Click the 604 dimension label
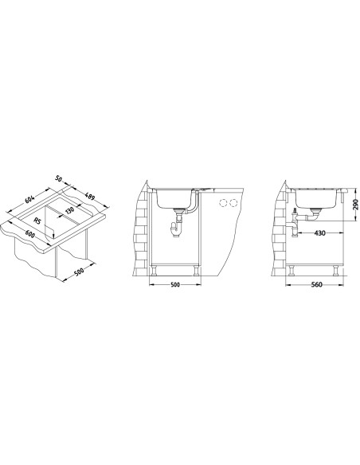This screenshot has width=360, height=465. coord(29,199)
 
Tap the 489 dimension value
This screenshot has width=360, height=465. coord(89,197)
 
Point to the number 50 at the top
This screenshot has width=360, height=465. coord(58,179)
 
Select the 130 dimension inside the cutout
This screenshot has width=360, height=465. coord(69,210)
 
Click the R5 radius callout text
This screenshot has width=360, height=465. coord(37,221)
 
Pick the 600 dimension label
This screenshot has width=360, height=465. coord(30,234)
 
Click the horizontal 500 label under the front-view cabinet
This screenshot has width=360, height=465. coord(175,285)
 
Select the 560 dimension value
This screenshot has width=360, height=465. coord(317,285)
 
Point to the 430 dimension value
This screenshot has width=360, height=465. coord(319,233)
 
